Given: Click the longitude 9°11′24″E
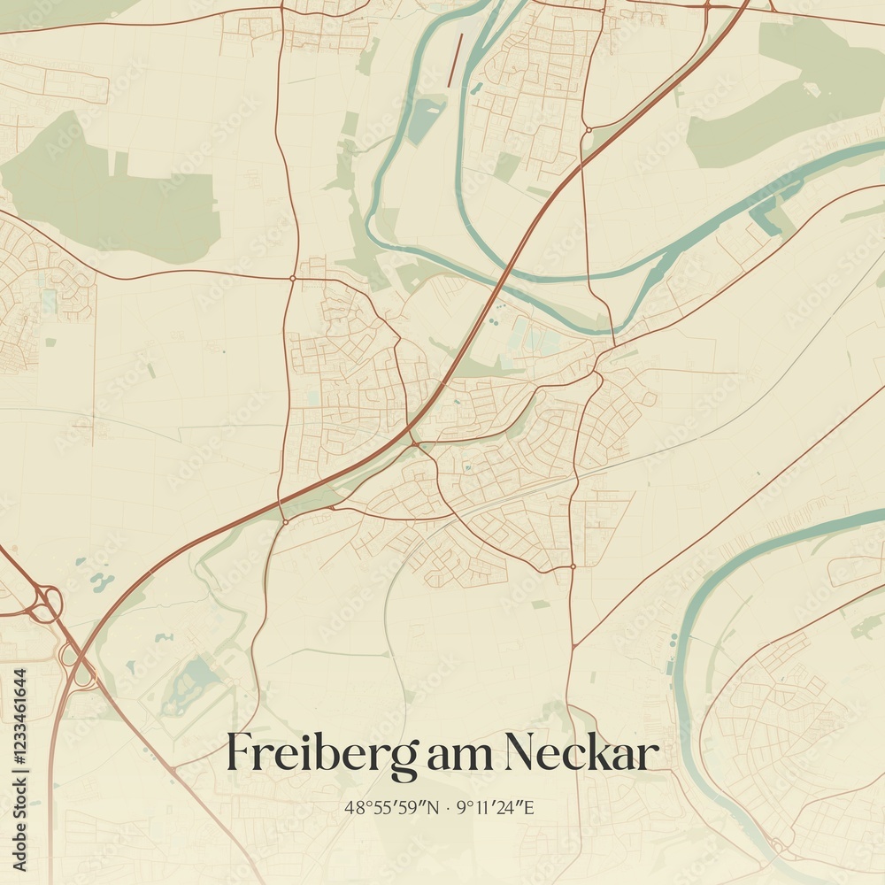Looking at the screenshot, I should tap(500, 807).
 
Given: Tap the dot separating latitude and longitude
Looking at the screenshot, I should tap(449, 808).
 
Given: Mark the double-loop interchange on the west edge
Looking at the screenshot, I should tap(44, 604).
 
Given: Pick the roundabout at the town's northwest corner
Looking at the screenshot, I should tap(292, 279).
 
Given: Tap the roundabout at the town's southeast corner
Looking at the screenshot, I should tap(573, 566).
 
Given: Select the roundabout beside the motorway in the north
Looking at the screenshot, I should tap(587, 130).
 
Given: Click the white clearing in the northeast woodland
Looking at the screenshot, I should tap(811, 89).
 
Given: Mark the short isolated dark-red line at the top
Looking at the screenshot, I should tap(455, 60).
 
